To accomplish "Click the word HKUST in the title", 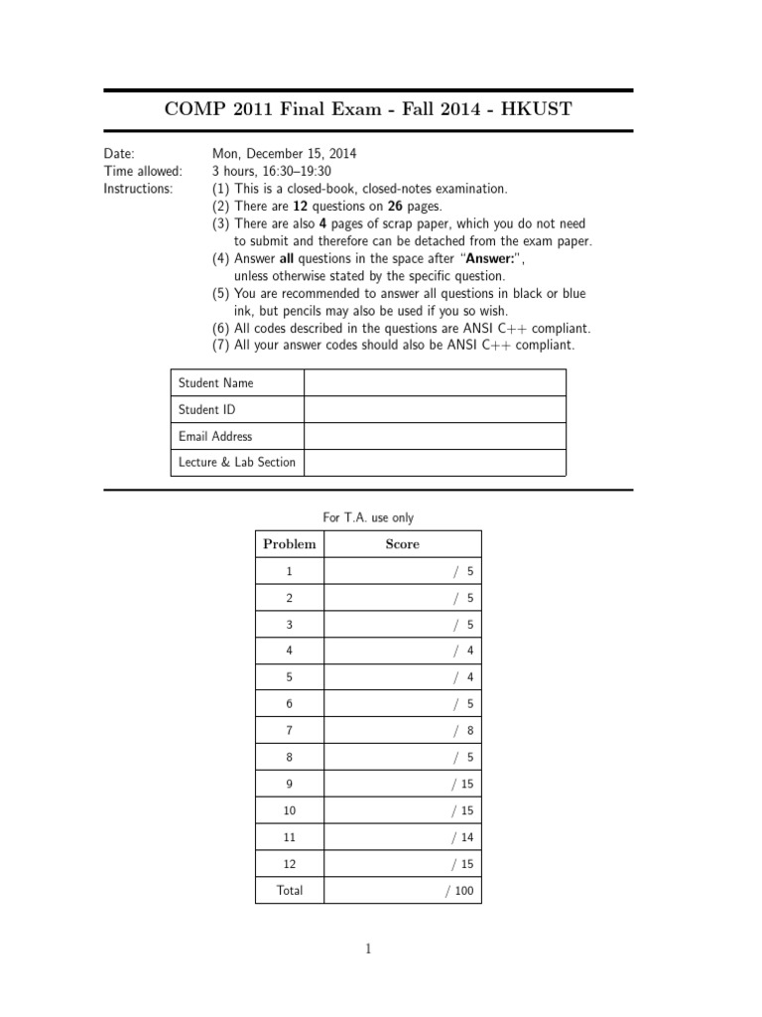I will click(x=537, y=108).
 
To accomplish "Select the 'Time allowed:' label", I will click(x=143, y=171).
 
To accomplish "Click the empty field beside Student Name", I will click(x=435, y=383).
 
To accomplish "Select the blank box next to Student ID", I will click(x=435, y=409).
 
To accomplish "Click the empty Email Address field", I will click(x=435, y=436).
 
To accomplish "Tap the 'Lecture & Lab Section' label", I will click(x=237, y=462).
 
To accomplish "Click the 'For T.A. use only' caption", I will click(x=368, y=517).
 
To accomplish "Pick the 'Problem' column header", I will click(x=290, y=544).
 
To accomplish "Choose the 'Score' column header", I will click(x=402, y=544).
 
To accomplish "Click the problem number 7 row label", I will click(x=290, y=730).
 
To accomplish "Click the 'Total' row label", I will click(x=290, y=890).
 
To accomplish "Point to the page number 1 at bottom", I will click(x=368, y=949).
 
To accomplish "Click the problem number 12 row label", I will click(x=290, y=864).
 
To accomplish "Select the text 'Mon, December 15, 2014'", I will click(x=284, y=154).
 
